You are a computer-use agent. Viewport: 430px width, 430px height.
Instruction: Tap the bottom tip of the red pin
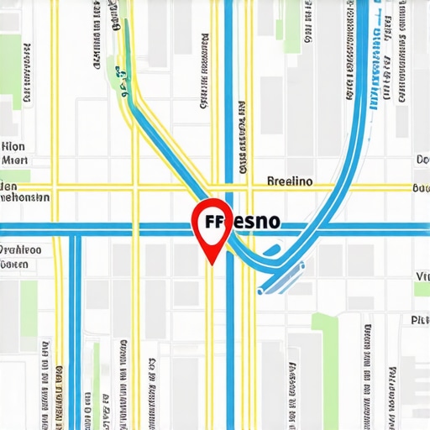point(212,263)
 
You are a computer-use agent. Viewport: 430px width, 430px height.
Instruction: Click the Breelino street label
point(289,181)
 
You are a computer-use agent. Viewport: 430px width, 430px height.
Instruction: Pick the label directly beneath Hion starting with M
point(15,159)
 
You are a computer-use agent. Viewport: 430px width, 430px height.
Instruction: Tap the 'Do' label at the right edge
point(422,160)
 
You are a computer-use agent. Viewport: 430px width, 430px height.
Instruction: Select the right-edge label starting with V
point(422,275)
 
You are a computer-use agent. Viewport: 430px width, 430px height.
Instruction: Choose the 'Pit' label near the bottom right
point(419,320)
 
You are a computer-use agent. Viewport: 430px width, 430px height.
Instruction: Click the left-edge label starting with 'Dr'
point(20,249)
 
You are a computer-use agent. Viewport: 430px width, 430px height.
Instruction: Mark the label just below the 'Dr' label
point(15,265)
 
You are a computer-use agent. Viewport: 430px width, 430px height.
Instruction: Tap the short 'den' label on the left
point(9,185)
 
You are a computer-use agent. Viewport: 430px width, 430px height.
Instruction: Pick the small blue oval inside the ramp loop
point(270,249)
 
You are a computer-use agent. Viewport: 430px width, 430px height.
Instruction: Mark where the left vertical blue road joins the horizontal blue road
point(74,228)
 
